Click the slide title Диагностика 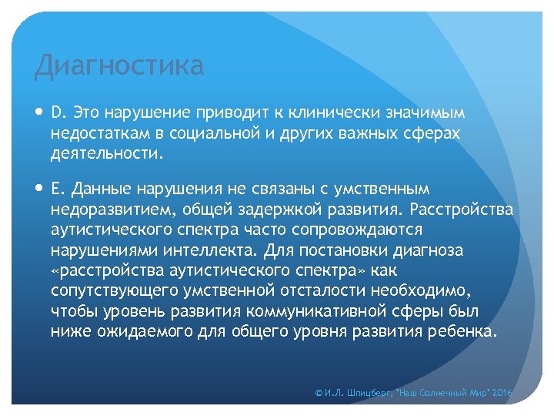click(119, 66)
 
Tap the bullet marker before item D click(39, 113)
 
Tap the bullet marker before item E click(39, 189)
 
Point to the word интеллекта click(215, 250)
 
